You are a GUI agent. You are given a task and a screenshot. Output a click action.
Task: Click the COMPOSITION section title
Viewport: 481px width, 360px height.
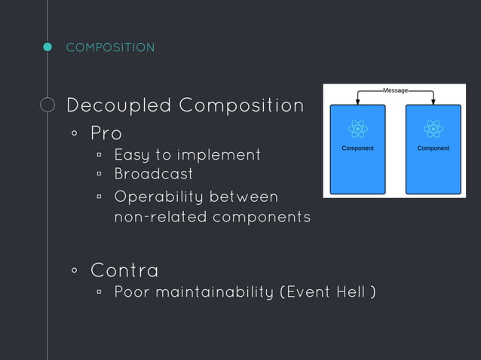click(x=110, y=47)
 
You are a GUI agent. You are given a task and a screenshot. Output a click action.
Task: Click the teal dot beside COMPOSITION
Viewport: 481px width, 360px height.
click(x=47, y=47)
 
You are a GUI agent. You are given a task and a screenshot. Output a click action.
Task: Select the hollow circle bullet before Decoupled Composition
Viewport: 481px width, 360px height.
click(x=47, y=105)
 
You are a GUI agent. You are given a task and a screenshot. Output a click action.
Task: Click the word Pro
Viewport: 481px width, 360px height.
click(x=106, y=133)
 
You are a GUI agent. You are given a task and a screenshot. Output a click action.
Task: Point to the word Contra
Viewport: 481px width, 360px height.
click(x=124, y=269)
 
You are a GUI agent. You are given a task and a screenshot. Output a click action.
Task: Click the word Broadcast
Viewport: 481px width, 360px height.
click(x=153, y=174)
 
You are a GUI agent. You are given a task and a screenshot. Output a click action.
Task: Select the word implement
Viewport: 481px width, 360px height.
click(x=219, y=155)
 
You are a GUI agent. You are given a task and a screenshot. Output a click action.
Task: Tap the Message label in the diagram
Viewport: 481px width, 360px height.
click(x=395, y=90)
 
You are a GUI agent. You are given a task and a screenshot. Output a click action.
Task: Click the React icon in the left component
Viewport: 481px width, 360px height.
click(x=357, y=130)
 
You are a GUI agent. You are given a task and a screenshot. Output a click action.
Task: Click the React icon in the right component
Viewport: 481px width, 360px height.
click(x=433, y=130)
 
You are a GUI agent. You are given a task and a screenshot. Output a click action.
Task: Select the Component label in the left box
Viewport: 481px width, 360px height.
click(x=357, y=148)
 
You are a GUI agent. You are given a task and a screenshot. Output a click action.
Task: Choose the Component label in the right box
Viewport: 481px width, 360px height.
click(x=433, y=148)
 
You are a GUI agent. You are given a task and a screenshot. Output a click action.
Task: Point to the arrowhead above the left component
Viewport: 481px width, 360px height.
click(x=357, y=102)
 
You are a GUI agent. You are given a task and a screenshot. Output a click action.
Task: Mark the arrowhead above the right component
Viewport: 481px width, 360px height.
click(x=433, y=102)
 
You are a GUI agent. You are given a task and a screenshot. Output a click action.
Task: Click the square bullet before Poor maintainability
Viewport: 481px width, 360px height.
click(x=99, y=291)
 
